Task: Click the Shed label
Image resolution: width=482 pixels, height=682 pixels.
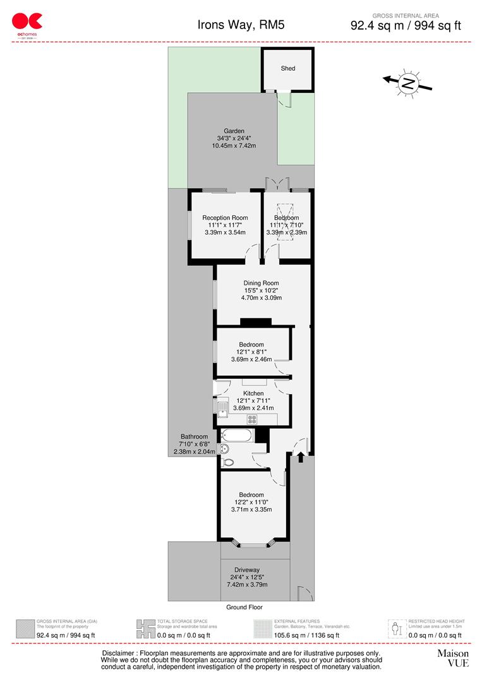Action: coord(288,68)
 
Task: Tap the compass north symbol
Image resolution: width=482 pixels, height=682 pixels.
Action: coord(409,83)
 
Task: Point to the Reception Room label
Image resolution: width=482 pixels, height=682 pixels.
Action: coord(225,218)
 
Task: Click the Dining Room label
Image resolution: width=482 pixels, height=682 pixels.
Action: coord(261,283)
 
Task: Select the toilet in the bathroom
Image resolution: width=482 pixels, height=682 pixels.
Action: coord(227,462)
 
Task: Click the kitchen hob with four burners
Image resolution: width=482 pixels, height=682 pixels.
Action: coord(252,419)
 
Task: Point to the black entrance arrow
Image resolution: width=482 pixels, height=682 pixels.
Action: coord(301,454)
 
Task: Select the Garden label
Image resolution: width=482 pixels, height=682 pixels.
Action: coord(234,131)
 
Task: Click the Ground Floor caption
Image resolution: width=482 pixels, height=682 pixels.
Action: coord(244,607)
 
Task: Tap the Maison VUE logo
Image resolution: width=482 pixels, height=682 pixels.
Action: coord(453,658)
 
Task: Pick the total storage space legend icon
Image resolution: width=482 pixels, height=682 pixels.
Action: coord(146,628)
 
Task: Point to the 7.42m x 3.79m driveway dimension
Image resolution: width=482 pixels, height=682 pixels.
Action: coord(247,584)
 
